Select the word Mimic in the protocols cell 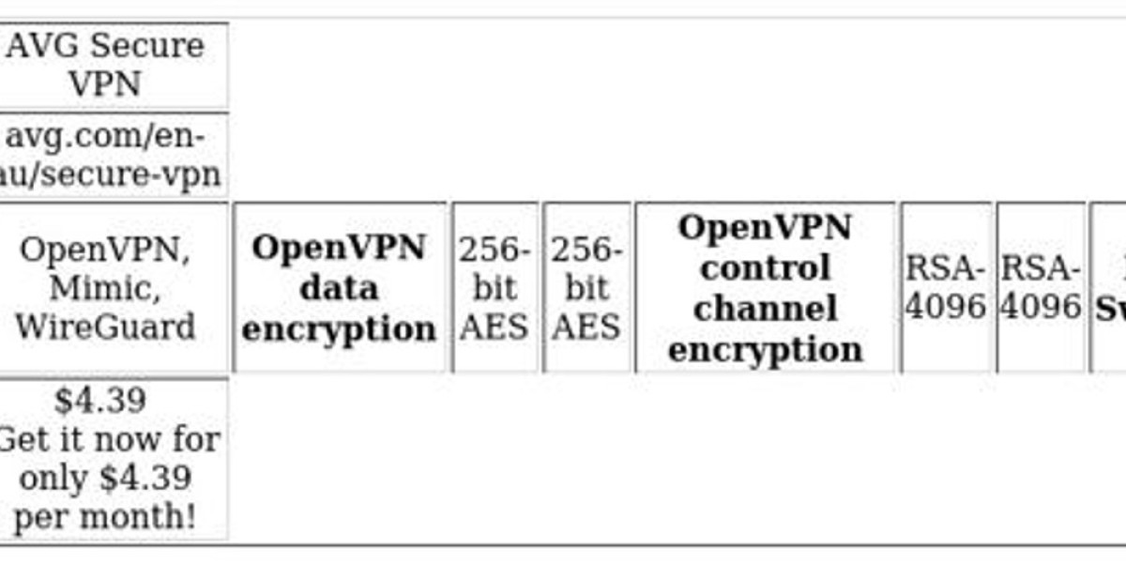coord(105,288)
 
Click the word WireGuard coord(105,327)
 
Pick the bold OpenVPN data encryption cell coord(339,288)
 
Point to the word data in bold coord(339,288)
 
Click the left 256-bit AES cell coord(495,288)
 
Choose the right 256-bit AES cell coord(586,288)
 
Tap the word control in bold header coord(765,268)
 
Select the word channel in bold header coord(765,308)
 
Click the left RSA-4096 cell coord(946,288)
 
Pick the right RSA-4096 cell coord(1040,288)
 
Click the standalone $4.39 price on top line coord(99,401)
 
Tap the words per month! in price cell coord(105,517)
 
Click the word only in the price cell coord(54,479)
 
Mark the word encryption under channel coord(765,349)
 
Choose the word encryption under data coord(339,328)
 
